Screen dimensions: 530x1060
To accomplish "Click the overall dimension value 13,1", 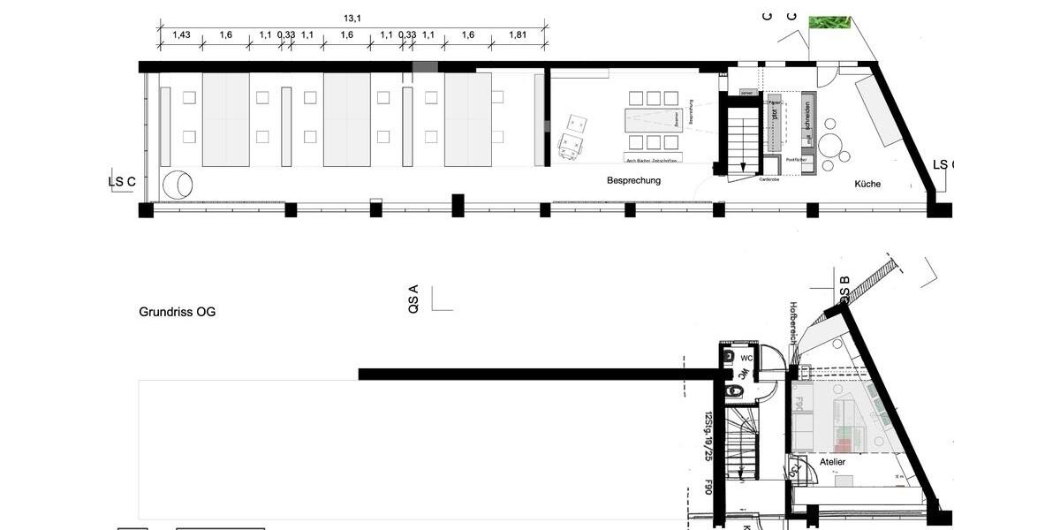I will click(x=353, y=17).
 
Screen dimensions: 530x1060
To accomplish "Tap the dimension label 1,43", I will click(x=181, y=35).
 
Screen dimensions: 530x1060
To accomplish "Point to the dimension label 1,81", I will click(x=518, y=35).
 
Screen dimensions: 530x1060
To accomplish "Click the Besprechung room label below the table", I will click(x=633, y=180).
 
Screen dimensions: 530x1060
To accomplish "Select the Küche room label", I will click(x=867, y=184).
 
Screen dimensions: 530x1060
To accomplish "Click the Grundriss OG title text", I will click(x=177, y=312).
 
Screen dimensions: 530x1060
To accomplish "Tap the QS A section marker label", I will click(x=413, y=300).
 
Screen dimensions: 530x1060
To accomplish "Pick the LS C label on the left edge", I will click(x=122, y=182).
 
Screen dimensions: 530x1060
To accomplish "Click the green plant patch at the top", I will click(x=829, y=22).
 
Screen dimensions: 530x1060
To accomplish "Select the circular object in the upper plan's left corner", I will click(x=179, y=184).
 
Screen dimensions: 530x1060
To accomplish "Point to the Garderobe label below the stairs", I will click(x=768, y=179).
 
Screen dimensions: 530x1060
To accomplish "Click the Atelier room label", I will click(x=832, y=462).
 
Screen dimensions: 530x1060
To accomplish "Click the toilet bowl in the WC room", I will click(x=733, y=389).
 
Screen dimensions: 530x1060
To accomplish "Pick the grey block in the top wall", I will click(x=425, y=67).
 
